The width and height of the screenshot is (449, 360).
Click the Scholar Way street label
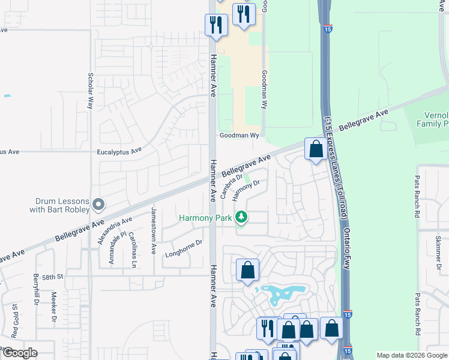[91, 91]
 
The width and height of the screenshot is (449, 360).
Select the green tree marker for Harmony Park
[241, 217]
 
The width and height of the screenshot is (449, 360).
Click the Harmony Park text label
[205, 218]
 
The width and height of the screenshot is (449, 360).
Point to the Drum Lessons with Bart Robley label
[59, 206]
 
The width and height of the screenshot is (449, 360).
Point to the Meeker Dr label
[53, 306]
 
